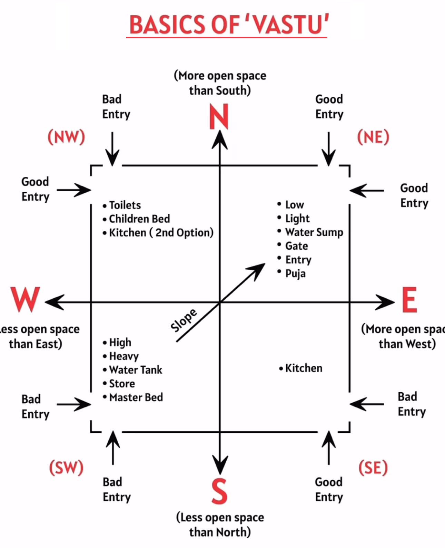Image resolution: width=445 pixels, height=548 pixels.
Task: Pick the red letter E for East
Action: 410,300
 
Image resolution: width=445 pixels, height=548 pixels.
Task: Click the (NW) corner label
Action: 66,137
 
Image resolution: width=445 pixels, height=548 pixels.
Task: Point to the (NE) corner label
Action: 373,137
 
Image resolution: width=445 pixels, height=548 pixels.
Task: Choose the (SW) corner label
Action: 66,468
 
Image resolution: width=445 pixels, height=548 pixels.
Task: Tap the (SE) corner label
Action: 373,468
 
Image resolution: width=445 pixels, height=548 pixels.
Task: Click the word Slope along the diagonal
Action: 184,320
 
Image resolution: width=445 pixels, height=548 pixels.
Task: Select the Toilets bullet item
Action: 125,205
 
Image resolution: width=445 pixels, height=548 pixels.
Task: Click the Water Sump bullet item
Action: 314,232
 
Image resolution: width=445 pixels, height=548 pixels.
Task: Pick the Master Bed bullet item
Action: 136,397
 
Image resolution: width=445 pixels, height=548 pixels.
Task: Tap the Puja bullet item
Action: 295,273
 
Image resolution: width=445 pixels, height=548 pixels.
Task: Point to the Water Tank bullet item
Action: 136,370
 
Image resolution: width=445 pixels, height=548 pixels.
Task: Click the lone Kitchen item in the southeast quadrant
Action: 304,368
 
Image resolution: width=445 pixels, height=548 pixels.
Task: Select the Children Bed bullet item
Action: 139,219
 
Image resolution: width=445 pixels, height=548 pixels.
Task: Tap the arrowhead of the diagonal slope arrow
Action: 259,268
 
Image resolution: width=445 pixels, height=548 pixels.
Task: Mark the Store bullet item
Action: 122,384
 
